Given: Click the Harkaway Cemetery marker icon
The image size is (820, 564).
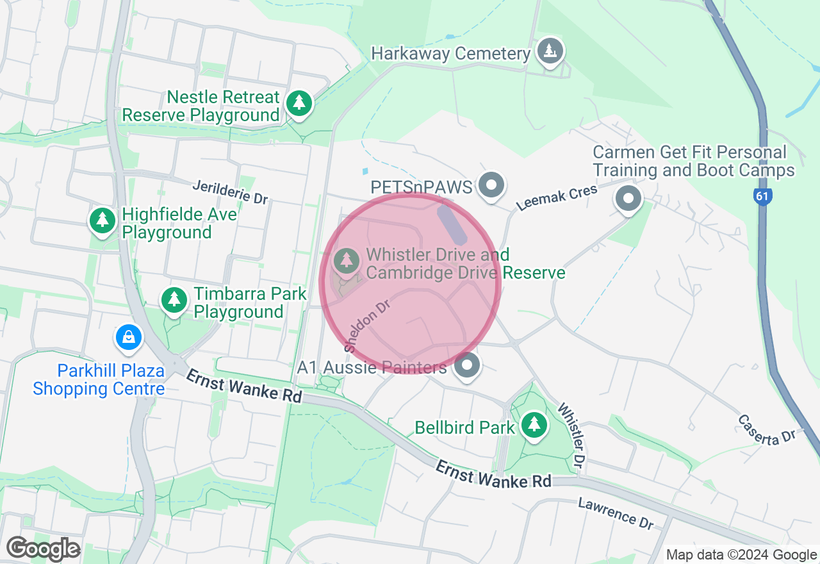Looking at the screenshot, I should pyautogui.click(x=550, y=51).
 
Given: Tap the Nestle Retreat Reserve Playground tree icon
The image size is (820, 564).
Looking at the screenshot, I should pyautogui.click(x=299, y=103).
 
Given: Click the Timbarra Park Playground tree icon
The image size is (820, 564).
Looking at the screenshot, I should pyautogui.click(x=174, y=299).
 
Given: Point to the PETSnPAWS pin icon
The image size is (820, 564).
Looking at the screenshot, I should pyautogui.click(x=492, y=186).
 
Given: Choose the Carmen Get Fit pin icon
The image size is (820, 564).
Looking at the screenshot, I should pyautogui.click(x=628, y=198).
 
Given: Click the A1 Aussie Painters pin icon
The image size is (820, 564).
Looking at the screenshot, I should pyautogui.click(x=467, y=366).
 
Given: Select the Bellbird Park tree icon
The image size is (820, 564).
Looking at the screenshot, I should pyautogui.click(x=534, y=424).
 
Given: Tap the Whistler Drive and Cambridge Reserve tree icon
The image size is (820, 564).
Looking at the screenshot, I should pyautogui.click(x=347, y=260).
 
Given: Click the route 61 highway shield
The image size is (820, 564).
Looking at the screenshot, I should pyautogui.click(x=762, y=197).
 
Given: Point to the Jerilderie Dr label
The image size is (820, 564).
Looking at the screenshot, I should pyautogui.click(x=231, y=192).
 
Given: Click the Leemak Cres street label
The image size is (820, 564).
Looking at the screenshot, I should pyautogui.click(x=557, y=197).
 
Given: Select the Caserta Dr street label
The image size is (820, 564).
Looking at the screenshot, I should pyautogui.click(x=766, y=429).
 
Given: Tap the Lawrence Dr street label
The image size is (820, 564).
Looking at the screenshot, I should pyautogui.click(x=616, y=513).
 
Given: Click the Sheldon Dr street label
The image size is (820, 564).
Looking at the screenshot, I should pyautogui.click(x=367, y=326).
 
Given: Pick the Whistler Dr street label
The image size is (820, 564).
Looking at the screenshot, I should pyautogui.click(x=572, y=435).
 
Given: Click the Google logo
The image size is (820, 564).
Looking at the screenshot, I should pyautogui.click(x=43, y=549).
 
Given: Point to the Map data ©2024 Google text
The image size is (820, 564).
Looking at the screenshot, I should pyautogui.click(x=741, y=555).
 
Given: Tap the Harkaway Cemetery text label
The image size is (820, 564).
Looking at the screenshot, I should pyautogui.click(x=451, y=54).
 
